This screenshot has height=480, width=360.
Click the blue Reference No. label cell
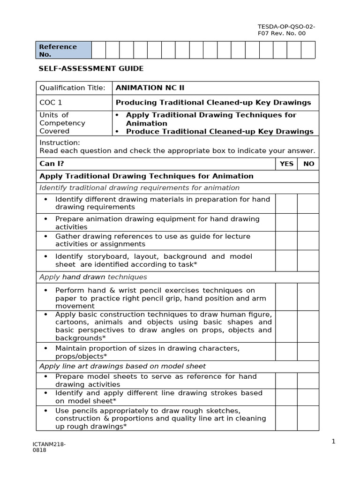(x=64, y=50)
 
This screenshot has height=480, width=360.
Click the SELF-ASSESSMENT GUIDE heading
(x=91, y=69)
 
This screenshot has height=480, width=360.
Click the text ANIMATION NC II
(x=147, y=88)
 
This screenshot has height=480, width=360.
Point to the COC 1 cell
(x=51, y=103)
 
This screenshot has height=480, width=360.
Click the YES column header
(x=286, y=164)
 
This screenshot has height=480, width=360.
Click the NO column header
(x=308, y=164)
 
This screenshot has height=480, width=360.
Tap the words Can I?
(x=52, y=164)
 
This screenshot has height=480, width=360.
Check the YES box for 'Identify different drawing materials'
(x=286, y=203)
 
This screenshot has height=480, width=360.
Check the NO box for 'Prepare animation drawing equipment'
(x=308, y=223)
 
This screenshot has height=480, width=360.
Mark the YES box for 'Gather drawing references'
(x=286, y=240)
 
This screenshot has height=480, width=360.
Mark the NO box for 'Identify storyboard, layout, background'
(x=308, y=261)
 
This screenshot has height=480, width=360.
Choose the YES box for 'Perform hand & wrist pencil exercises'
(x=286, y=297)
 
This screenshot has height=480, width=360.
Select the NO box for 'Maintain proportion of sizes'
(x=308, y=352)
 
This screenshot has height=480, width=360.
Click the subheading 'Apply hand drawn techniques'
(x=93, y=277)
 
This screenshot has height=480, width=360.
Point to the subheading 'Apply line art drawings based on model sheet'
(x=122, y=366)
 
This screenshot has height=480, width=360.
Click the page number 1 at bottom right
(x=333, y=441)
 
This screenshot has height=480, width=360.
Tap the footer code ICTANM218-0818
(x=49, y=447)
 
